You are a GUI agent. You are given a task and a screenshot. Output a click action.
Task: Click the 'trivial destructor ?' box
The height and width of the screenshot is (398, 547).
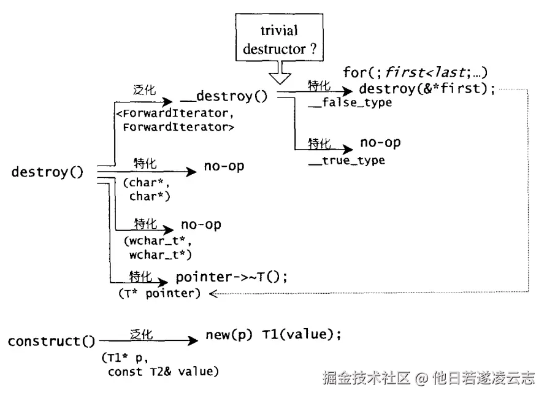click(279, 37)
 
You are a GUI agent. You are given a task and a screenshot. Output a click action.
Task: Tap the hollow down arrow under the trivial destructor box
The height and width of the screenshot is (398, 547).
click(280, 72)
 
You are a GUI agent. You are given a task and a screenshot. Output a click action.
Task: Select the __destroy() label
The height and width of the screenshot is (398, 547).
click(224, 96)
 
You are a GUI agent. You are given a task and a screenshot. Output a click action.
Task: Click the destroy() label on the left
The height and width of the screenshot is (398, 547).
click(47, 172)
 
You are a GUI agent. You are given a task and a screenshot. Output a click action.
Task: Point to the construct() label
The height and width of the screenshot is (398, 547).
click(52, 341)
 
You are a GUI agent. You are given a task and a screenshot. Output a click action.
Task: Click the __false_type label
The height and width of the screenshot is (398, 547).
click(350, 102)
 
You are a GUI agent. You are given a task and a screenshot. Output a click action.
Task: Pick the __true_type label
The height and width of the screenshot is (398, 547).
click(346, 161)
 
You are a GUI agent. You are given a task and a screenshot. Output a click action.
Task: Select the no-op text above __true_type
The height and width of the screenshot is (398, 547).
click(380, 142)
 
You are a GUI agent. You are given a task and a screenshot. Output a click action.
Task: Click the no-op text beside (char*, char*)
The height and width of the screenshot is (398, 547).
click(224, 166)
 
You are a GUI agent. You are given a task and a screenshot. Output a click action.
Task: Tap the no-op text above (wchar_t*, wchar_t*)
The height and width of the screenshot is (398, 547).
click(201, 224)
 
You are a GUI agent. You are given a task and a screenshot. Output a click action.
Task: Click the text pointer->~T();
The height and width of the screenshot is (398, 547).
click(231, 277)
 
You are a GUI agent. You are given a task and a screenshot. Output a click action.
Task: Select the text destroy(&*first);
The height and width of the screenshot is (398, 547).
click(427, 88)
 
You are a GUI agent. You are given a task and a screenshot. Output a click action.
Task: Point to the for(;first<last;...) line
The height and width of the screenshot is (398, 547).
click(415, 72)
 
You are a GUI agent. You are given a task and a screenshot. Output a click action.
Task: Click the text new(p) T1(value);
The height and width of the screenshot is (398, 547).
click(273, 334)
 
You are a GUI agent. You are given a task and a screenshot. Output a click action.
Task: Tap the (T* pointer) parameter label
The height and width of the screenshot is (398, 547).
click(159, 293)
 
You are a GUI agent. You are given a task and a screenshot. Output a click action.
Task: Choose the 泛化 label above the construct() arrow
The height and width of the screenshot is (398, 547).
click(141, 334)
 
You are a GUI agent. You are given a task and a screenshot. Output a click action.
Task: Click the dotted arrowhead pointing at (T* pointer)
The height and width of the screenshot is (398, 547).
click(213, 294)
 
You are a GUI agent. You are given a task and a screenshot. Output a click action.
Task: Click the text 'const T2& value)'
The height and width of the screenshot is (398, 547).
click(163, 372)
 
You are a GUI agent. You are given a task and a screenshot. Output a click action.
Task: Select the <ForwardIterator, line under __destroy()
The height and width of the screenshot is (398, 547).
click(175, 113)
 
